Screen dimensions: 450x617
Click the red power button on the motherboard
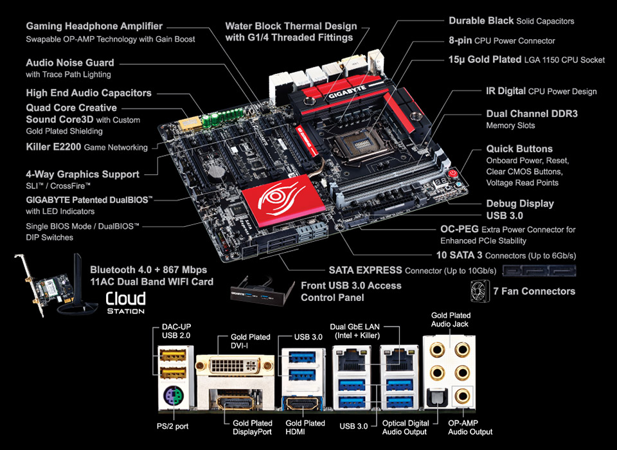(x=453, y=172)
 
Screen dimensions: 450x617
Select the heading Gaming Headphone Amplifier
(x=94, y=26)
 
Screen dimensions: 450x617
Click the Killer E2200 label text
(x=53, y=147)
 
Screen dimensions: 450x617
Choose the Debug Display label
(x=520, y=204)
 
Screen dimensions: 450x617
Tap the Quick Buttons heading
(x=519, y=148)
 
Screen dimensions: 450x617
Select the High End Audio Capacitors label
(x=89, y=93)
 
